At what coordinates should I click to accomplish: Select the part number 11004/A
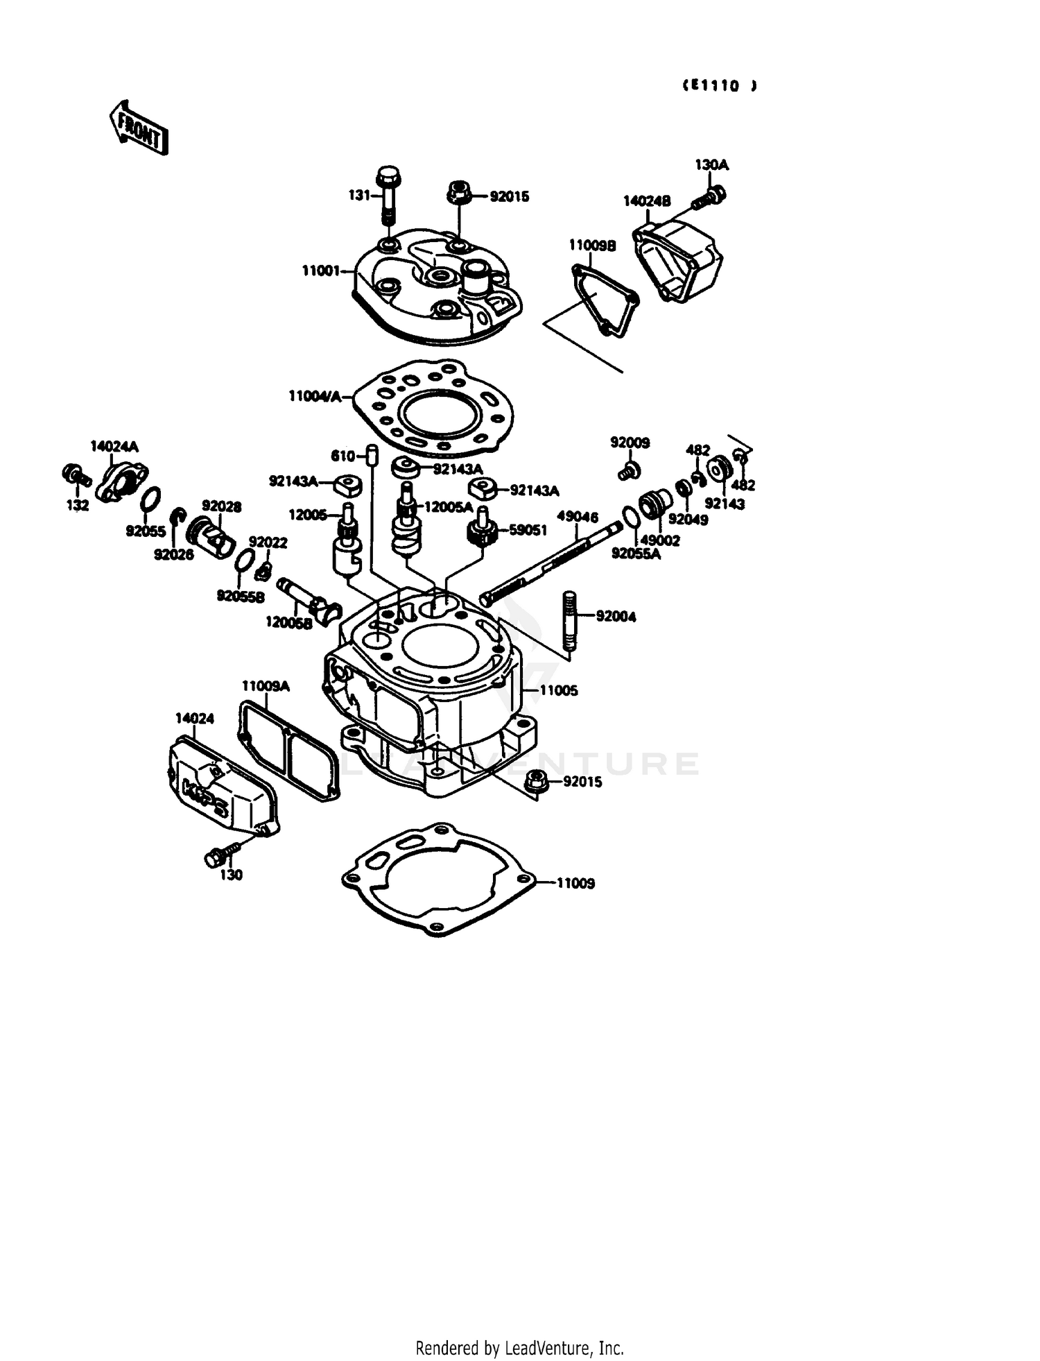tap(315, 397)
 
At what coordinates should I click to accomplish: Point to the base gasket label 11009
tap(575, 884)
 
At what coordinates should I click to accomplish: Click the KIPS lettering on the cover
tap(204, 797)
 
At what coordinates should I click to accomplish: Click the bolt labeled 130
tap(215, 857)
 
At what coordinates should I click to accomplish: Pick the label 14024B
tap(647, 201)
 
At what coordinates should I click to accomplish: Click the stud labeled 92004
tap(569, 620)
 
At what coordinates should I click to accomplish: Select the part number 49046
tap(578, 517)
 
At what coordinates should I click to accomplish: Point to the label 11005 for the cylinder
tap(558, 691)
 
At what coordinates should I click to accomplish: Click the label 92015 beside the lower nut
tap(582, 782)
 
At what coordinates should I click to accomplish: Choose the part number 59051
tap(528, 530)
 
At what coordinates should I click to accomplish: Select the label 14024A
tap(114, 446)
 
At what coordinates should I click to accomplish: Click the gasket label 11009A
tap(265, 687)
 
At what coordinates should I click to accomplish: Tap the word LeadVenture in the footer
tap(541, 1347)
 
